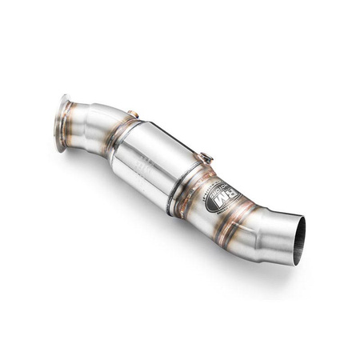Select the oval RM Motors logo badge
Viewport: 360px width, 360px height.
click(x=223, y=197)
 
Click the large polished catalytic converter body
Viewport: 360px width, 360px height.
click(x=156, y=164)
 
